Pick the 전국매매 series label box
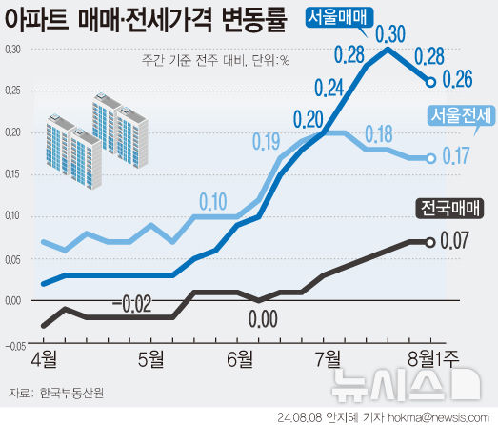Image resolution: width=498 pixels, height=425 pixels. (451, 208)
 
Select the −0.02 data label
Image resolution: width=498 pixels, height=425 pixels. (132, 304)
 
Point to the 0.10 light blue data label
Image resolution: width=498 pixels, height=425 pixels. (212, 201)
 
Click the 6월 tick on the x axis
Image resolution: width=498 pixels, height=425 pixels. (239, 359)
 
